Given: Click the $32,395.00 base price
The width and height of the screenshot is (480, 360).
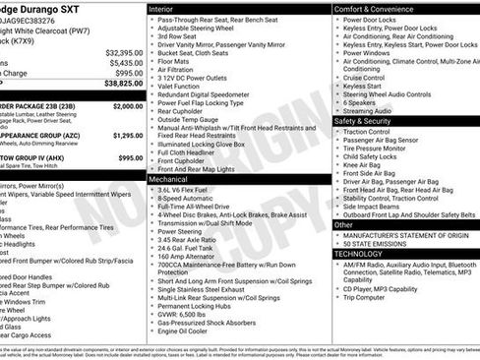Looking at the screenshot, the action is [x=124, y=52].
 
